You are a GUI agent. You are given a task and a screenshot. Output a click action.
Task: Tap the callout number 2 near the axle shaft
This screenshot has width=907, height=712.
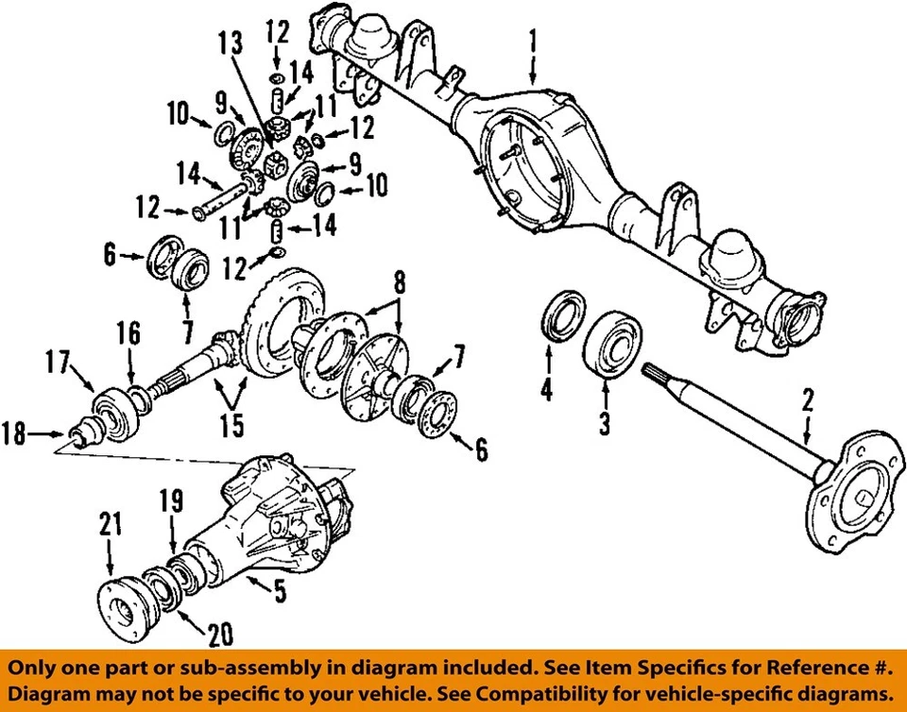[807, 400]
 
